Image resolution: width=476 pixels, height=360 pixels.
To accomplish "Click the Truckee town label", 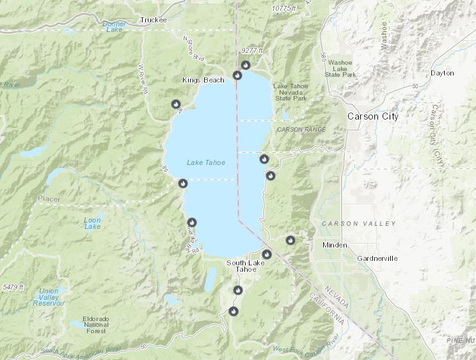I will click(153, 20).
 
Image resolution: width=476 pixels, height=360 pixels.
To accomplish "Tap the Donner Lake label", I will click(115, 27).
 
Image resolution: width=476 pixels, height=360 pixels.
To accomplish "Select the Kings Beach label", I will click(203, 80).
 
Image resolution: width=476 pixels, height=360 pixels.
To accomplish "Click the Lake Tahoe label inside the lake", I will click(206, 162).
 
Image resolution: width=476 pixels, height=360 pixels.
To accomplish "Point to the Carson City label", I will click(372, 117).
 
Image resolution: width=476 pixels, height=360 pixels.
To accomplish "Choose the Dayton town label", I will click(442, 73).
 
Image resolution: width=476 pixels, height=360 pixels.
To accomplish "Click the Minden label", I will click(335, 245).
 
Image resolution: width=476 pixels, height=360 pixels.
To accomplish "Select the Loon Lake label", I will click(93, 223).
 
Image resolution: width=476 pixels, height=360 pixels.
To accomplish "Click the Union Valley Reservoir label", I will click(49, 296).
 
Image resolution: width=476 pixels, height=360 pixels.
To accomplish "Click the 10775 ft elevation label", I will click(284, 8).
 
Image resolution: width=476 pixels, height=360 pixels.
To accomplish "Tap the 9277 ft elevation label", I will click(253, 51).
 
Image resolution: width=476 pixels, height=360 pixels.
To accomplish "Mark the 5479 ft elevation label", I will click(13, 288).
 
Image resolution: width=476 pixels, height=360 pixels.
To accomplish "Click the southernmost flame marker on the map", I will click(233, 311).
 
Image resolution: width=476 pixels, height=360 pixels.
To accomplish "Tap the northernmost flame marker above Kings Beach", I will click(245, 65).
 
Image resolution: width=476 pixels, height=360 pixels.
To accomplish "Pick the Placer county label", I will click(49, 199).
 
